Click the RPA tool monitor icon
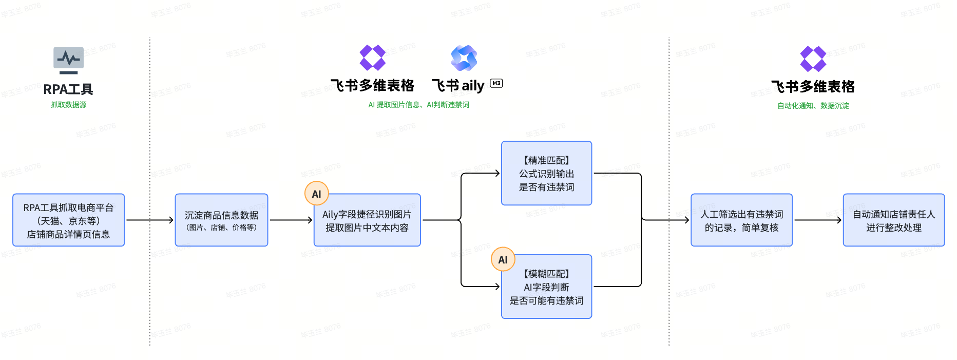point(68,60)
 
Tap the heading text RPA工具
point(68,89)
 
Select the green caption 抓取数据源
point(68,105)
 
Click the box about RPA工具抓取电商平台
point(68,220)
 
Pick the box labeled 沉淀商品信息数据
point(221,220)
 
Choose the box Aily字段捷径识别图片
point(367,220)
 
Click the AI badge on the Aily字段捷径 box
point(316,194)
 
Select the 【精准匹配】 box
point(546,174)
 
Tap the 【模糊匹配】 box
point(546,287)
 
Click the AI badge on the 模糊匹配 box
point(503,260)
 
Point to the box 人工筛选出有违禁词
point(741,220)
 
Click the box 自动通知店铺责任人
point(893,220)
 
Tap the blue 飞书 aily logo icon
point(464,58)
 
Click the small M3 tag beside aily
point(496,83)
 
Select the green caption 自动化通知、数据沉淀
point(813,106)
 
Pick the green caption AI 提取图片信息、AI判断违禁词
point(418,105)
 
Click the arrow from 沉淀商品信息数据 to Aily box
point(291,220)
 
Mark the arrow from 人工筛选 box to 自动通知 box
point(817,220)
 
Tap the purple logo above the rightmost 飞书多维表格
point(813,59)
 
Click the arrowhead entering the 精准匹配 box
point(497,174)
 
